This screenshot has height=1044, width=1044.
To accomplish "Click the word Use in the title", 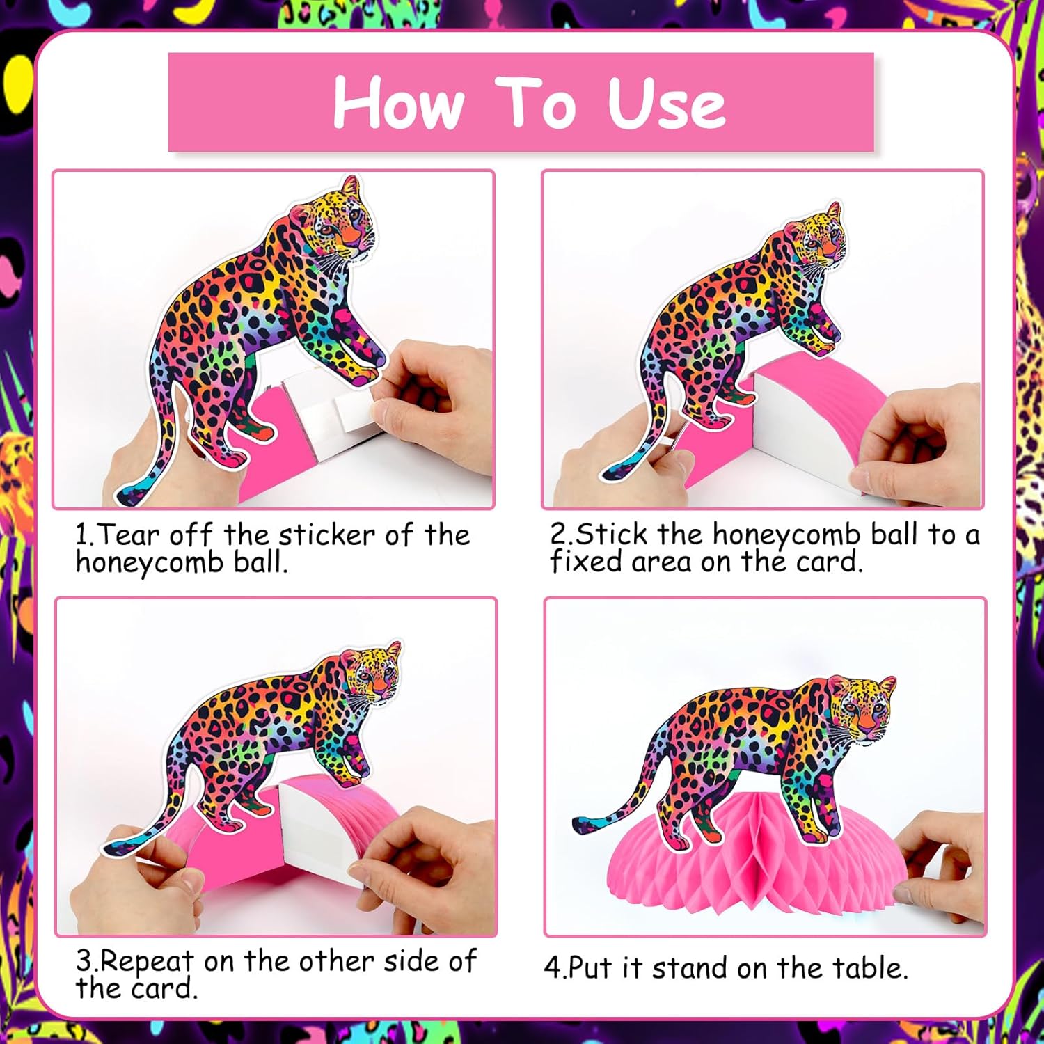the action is [667, 103].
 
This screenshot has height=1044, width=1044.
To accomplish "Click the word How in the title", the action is [399, 102].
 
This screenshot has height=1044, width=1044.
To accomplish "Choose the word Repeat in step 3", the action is [148, 962].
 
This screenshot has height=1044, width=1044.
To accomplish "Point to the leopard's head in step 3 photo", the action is [372, 671].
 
